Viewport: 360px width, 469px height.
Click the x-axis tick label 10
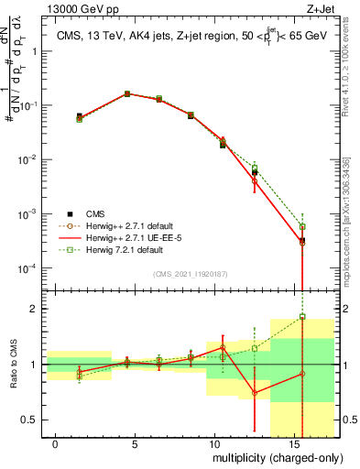[213, 442]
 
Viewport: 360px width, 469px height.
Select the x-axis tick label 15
[291, 442]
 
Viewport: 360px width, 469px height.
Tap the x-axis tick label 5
[136, 442]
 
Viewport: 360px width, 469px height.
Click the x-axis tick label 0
[56, 442]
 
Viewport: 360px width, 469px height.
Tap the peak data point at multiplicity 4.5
[127, 93]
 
